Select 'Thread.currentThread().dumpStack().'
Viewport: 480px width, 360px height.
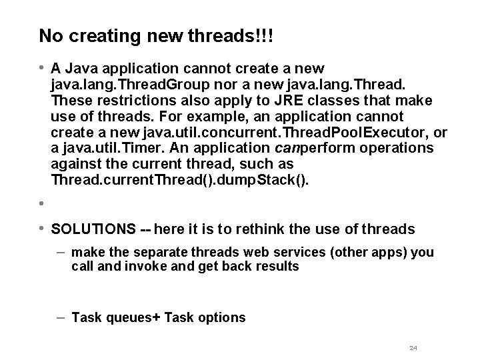pyautogui.click(x=180, y=181)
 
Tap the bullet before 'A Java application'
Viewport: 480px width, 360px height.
pyautogui.click(x=41, y=67)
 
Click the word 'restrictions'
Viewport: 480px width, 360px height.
pyautogui.click(x=128, y=100)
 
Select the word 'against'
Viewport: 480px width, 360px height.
pyautogui.click(x=73, y=165)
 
